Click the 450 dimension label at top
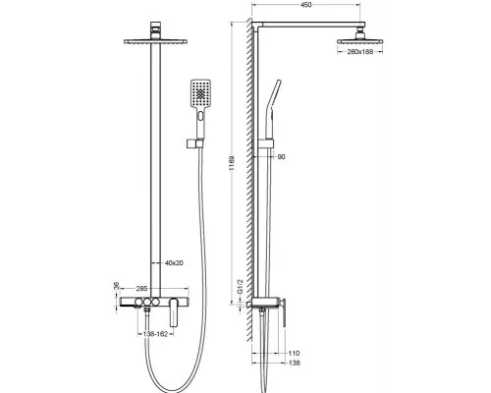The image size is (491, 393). (x=305, y=5)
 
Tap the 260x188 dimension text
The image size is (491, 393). (x=360, y=52)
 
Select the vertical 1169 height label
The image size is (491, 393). (x=232, y=163)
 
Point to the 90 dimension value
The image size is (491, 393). (x=281, y=157)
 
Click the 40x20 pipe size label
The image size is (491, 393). (x=174, y=263)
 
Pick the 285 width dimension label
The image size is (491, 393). (x=141, y=289)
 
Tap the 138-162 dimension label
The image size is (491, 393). (x=155, y=334)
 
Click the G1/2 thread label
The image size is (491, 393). (x=240, y=287)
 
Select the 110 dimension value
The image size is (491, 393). (x=294, y=353)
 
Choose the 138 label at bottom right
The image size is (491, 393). (x=294, y=363)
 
